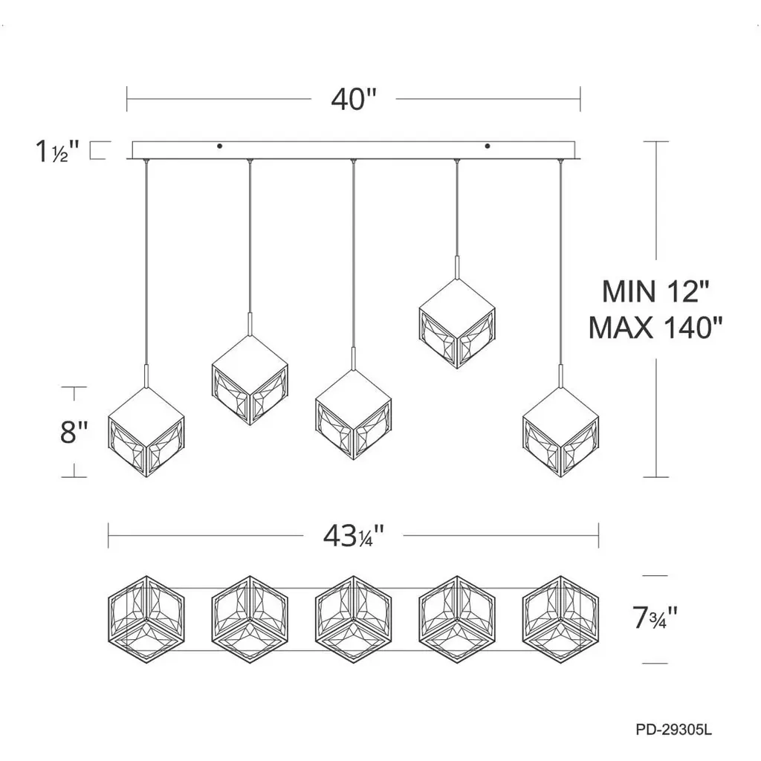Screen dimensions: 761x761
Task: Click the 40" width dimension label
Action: (354, 100)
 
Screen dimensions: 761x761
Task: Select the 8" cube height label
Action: (74, 432)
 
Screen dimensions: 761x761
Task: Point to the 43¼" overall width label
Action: (354, 536)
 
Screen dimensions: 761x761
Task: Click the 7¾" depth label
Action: (655, 618)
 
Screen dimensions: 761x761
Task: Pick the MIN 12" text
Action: (655, 291)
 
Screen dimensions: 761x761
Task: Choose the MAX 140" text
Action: (655, 328)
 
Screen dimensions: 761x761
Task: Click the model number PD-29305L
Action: (673, 730)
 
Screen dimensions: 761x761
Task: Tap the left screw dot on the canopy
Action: (220, 146)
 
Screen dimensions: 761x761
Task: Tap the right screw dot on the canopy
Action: (488, 146)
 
